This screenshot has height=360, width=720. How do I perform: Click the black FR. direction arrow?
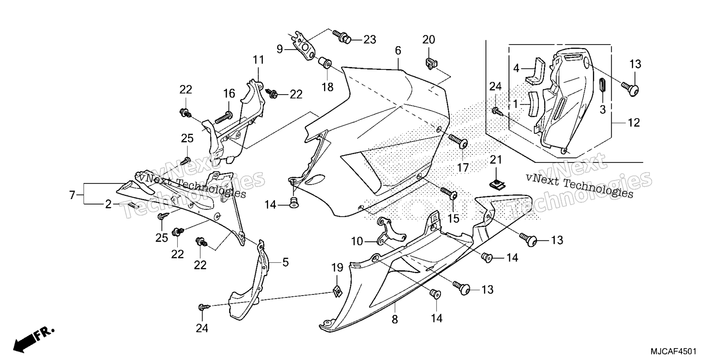[34, 339]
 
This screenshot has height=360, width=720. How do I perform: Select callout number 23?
[369, 39]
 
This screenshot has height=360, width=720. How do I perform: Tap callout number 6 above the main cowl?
[398, 50]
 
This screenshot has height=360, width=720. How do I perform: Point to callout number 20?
[429, 39]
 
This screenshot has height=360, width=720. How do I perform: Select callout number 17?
[463, 168]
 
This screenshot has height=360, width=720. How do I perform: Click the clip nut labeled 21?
[497, 183]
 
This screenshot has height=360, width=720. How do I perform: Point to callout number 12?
[634, 123]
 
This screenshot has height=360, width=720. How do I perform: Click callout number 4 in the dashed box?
[516, 69]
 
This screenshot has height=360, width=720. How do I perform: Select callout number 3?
[602, 110]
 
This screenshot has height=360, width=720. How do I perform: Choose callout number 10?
[357, 241]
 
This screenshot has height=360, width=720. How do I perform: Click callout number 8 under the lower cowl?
[395, 319]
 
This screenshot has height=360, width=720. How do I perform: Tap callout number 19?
[337, 268]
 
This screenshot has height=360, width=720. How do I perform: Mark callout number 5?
[286, 262]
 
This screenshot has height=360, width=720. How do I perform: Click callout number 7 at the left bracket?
[72, 195]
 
